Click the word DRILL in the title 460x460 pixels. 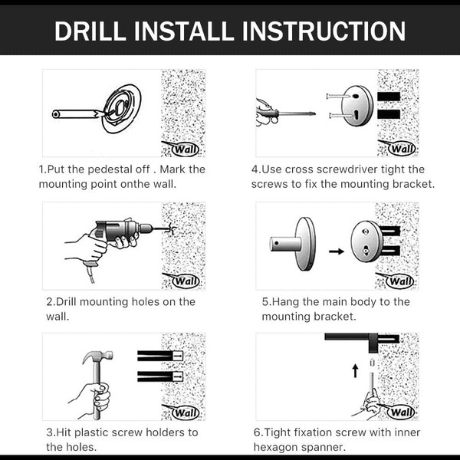point(90,31)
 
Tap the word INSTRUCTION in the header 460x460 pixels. point(324,31)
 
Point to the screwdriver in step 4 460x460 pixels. point(286,113)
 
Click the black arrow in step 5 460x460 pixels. point(337,251)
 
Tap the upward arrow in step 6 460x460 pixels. point(355,370)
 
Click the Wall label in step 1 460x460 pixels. point(186,149)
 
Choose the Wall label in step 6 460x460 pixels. point(401,412)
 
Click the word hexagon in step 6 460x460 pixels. point(278,448)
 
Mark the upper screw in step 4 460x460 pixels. point(338,96)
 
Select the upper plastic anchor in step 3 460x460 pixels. point(160,356)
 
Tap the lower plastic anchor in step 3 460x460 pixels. point(160,376)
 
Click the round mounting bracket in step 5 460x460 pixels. point(367,242)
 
